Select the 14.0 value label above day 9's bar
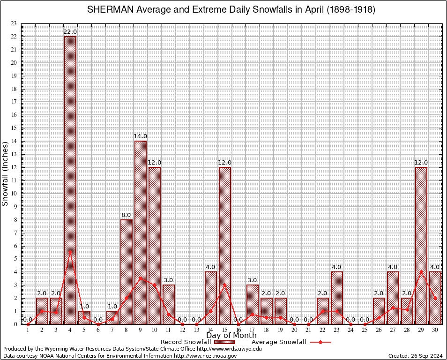140,136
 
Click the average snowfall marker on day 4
70,252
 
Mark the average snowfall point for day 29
421,271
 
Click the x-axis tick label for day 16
238,330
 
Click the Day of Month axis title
231,335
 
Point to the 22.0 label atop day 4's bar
70,31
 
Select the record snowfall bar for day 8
127,272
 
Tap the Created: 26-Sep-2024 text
416,356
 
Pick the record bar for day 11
169,305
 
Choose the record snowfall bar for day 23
337,298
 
